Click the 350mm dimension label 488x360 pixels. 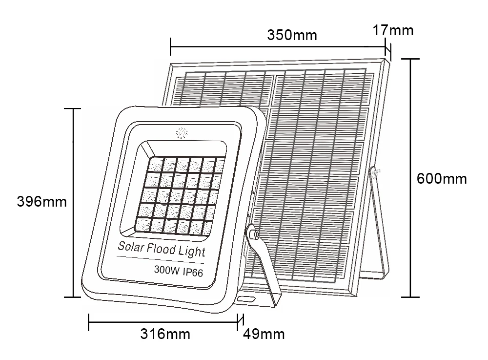coord(292,35)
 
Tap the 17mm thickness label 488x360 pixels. coord(393,30)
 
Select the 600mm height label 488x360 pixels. coord(442,178)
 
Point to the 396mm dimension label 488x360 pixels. coord(42,201)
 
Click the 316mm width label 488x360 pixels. coord(165,334)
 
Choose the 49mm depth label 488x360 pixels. coord(264,334)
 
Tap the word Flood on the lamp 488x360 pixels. coord(161,250)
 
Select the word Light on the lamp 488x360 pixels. coord(192,253)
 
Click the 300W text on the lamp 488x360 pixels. coord(164,269)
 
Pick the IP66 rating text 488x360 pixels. coord(193,271)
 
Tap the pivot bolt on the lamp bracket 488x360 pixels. coord(253,234)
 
